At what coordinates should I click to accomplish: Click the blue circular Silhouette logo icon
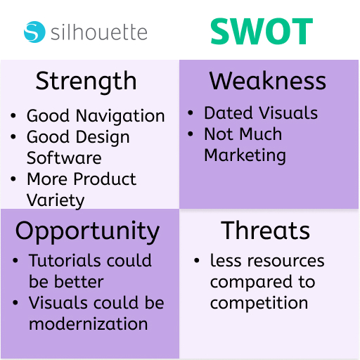(x=34, y=32)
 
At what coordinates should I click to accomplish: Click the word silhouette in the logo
(x=99, y=32)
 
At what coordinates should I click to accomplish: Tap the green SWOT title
(x=262, y=32)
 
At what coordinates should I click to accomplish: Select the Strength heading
(x=86, y=82)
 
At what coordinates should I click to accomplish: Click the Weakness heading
(x=268, y=81)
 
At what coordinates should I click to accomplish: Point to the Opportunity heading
(x=87, y=232)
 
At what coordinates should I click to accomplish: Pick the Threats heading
(x=266, y=231)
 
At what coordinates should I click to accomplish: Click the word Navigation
(x=120, y=117)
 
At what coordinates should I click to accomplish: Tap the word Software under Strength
(x=64, y=157)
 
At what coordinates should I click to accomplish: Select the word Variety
(x=56, y=201)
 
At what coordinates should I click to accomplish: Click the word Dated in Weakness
(x=229, y=113)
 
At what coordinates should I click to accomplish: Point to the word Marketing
(x=245, y=156)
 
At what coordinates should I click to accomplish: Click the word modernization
(x=88, y=324)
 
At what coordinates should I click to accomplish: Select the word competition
(x=259, y=303)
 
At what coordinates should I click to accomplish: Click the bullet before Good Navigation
(x=13, y=115)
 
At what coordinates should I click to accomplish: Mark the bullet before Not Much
(x=191, y=134)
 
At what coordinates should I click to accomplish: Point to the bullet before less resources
(x=197, y=260)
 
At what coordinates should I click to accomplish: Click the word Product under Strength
(x=105, y=179)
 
